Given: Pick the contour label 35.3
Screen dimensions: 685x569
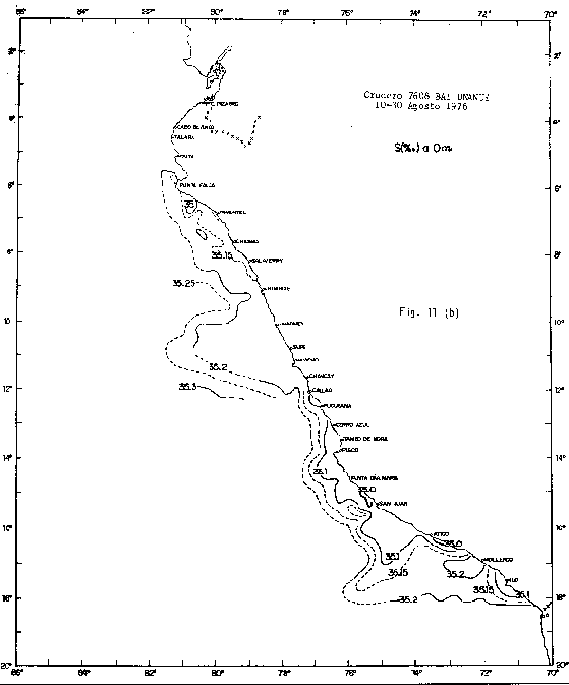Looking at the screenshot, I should (x=188, y=386).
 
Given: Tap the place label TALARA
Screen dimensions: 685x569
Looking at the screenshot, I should (x=184, y=137).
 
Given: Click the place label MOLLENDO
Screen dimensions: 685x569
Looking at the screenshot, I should (x=499, y=560).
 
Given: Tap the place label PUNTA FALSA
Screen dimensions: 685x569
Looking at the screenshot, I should (x=199, y=185).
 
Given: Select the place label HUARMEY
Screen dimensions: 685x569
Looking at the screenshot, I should (x=290, y=324).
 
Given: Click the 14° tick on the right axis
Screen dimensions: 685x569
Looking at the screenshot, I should (x=558, y=459).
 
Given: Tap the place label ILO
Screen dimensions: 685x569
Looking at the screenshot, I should (x=513, y=580).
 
